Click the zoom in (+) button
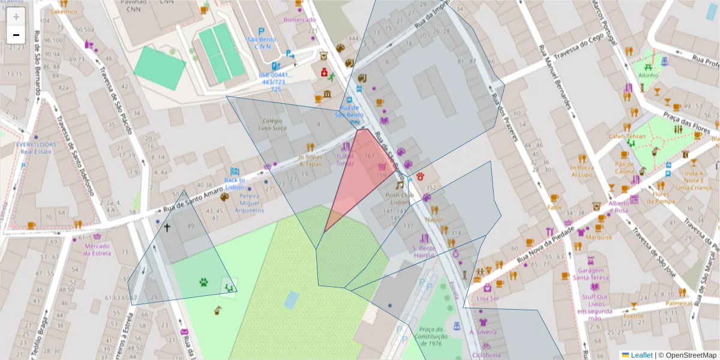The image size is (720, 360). point(16,17)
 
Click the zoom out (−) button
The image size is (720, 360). point(16,35)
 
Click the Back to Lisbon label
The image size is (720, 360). point(234,183)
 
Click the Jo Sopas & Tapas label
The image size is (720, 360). point(310,161)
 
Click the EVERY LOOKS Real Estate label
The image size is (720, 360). point(36,148)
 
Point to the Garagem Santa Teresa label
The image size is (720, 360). point(589,274)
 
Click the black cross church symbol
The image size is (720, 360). point(167,227)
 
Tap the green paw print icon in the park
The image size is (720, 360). point(204,281)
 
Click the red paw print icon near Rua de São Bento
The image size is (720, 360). point(421,176)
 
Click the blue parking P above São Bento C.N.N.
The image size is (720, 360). point(261,31)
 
